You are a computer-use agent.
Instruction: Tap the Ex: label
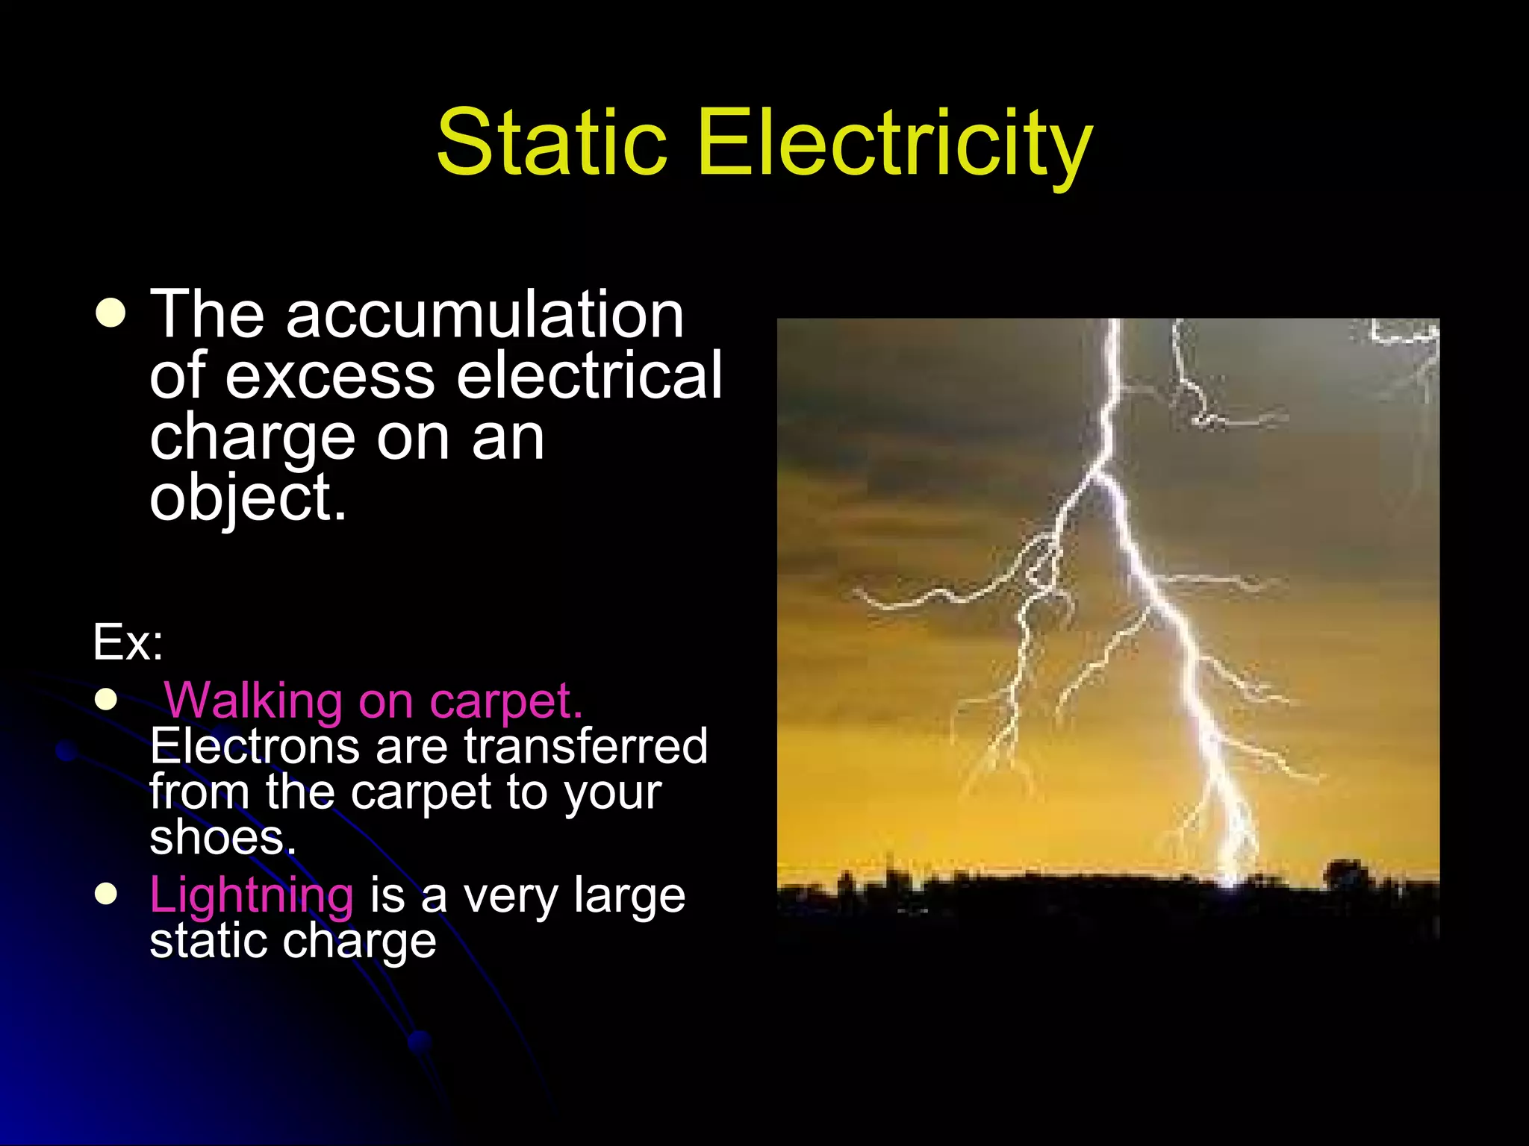[128, 642]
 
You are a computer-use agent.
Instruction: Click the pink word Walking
[253, 701]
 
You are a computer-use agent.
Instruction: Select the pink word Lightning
[252, 895]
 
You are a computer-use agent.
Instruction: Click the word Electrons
[255, 746]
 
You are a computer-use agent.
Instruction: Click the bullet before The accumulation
[110, 313]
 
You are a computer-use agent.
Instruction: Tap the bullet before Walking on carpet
[107, 700]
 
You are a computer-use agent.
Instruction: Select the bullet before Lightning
[107, 894]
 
